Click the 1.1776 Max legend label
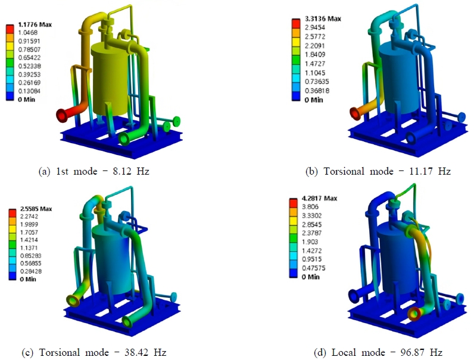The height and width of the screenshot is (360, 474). tap(35, 24)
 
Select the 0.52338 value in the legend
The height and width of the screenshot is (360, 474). tap(29, 66)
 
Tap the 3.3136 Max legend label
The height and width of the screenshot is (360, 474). tap(323, 18)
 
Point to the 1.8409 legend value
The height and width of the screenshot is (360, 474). tap(315, 54)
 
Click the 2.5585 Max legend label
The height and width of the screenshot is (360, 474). tap(36, 209)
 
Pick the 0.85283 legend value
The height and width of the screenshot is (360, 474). tap(30, 256)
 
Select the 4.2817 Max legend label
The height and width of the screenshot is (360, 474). tap(319, 198)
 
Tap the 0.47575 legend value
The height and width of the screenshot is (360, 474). tap(313, 268)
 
